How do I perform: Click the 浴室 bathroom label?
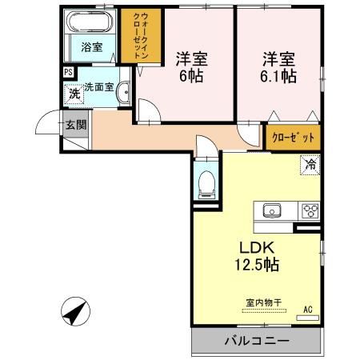[x=91, y=46]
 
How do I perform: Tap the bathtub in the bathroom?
[x=91, y=22]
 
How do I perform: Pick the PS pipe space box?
[x=68, y=72]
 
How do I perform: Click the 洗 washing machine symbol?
[x=73, y=93]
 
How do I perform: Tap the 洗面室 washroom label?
[x=100, y=86]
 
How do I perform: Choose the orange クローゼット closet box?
[x=292, y=137]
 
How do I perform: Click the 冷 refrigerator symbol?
[x=308, y=165]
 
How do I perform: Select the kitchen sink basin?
[x=270, y=211]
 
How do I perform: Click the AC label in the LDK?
[x=306, y=310]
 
